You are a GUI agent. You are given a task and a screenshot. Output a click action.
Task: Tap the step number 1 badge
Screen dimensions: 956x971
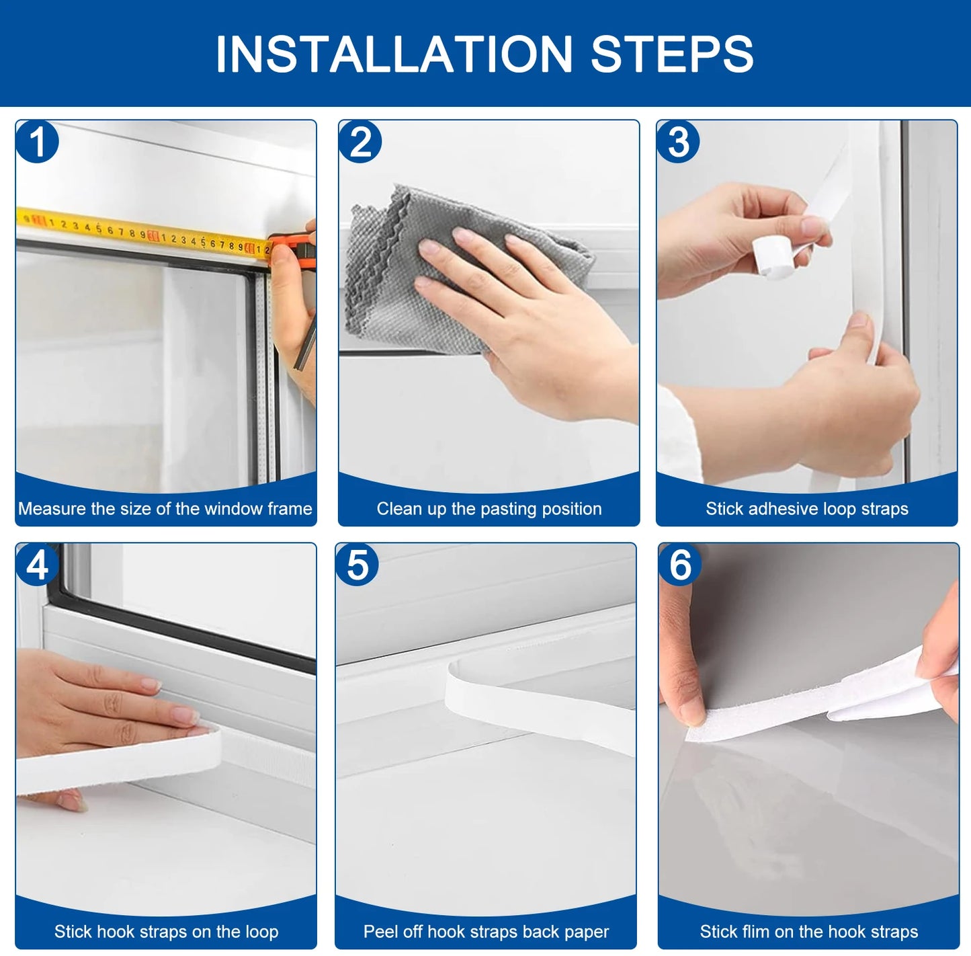pyautogui.click(x=38, y=142)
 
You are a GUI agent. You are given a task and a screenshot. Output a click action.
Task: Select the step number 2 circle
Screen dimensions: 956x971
pyautogui.click(x=361, y=142)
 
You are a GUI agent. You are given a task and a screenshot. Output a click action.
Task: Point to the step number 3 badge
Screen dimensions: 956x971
pyautogui.click(x=679, y=142)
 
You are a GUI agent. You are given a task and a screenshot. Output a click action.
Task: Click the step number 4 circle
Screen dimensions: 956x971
pyautogui.click(x=38, y=565)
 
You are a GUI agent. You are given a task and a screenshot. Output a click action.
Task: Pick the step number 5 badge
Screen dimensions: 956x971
pyautogui.click(x=357, y=565)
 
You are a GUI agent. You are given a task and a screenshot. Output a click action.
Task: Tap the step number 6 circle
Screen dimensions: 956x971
pyautogui.click(x=680, y=565)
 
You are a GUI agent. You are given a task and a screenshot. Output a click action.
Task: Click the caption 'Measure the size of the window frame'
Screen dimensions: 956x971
pyautogui.click(x=165, y=509)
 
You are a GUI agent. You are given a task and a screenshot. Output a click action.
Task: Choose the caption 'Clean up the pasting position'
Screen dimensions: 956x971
pyautogui.click(x=489, y=509)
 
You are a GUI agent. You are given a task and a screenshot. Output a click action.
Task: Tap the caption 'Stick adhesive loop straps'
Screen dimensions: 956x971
pyautogui.click(x=806, y=509)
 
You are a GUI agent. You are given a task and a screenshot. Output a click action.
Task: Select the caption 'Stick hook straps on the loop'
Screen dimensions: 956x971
pyautogui.click(x=166, y=932)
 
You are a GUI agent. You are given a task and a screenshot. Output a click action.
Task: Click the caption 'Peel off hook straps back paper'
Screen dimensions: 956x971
pyautogui.click(x=486, y=932)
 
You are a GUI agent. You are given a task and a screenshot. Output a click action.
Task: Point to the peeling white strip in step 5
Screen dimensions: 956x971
pyautogui.click(x=538, y=706)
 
